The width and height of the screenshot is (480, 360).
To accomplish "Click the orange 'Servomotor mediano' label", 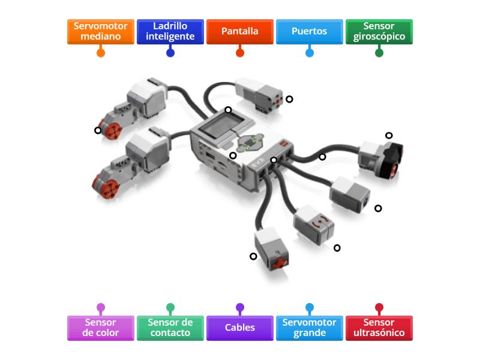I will (101, 31).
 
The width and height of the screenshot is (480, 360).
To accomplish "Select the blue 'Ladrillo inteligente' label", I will (170, 31).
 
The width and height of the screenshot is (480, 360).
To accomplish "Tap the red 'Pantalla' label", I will (240, 31).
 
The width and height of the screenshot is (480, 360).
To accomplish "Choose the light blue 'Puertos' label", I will (310, 31).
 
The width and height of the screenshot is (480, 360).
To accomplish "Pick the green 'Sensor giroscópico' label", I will (379, 31).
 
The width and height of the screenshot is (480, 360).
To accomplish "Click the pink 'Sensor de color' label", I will (101, 328).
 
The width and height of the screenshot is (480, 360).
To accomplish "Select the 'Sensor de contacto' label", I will (170, 328).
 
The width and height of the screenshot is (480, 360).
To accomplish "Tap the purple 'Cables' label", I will (240, 328).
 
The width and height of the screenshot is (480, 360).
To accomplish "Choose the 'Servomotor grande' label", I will (310, 328).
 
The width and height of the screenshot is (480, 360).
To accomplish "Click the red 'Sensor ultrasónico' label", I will (379, 328).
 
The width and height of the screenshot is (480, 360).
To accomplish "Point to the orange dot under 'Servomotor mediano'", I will (101, 53).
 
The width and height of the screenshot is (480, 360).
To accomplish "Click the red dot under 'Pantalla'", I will (240, 53).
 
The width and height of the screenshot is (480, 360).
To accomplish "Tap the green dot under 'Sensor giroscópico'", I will (379, 53).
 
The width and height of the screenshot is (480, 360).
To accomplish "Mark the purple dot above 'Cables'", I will (240, 308).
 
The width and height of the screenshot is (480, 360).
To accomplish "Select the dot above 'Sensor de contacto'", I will (170, 308).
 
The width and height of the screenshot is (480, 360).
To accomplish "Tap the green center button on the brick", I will (251, 142).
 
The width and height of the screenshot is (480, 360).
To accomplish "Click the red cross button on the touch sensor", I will (278, 262).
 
